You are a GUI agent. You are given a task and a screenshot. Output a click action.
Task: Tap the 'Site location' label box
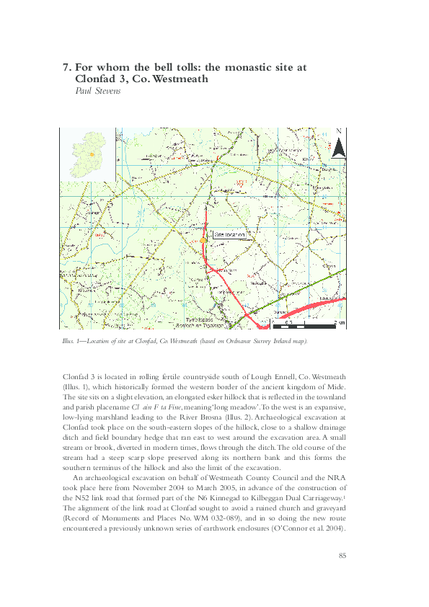(229, 235)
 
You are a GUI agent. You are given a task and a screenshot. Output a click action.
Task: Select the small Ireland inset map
(87, 154)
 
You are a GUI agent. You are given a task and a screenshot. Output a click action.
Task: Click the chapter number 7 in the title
(66, 67)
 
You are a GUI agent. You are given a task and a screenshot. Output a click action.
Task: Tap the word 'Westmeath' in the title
(177, 79)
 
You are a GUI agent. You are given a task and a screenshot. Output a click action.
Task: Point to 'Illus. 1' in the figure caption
(73, 340)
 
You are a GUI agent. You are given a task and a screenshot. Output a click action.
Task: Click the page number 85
(343, 555)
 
